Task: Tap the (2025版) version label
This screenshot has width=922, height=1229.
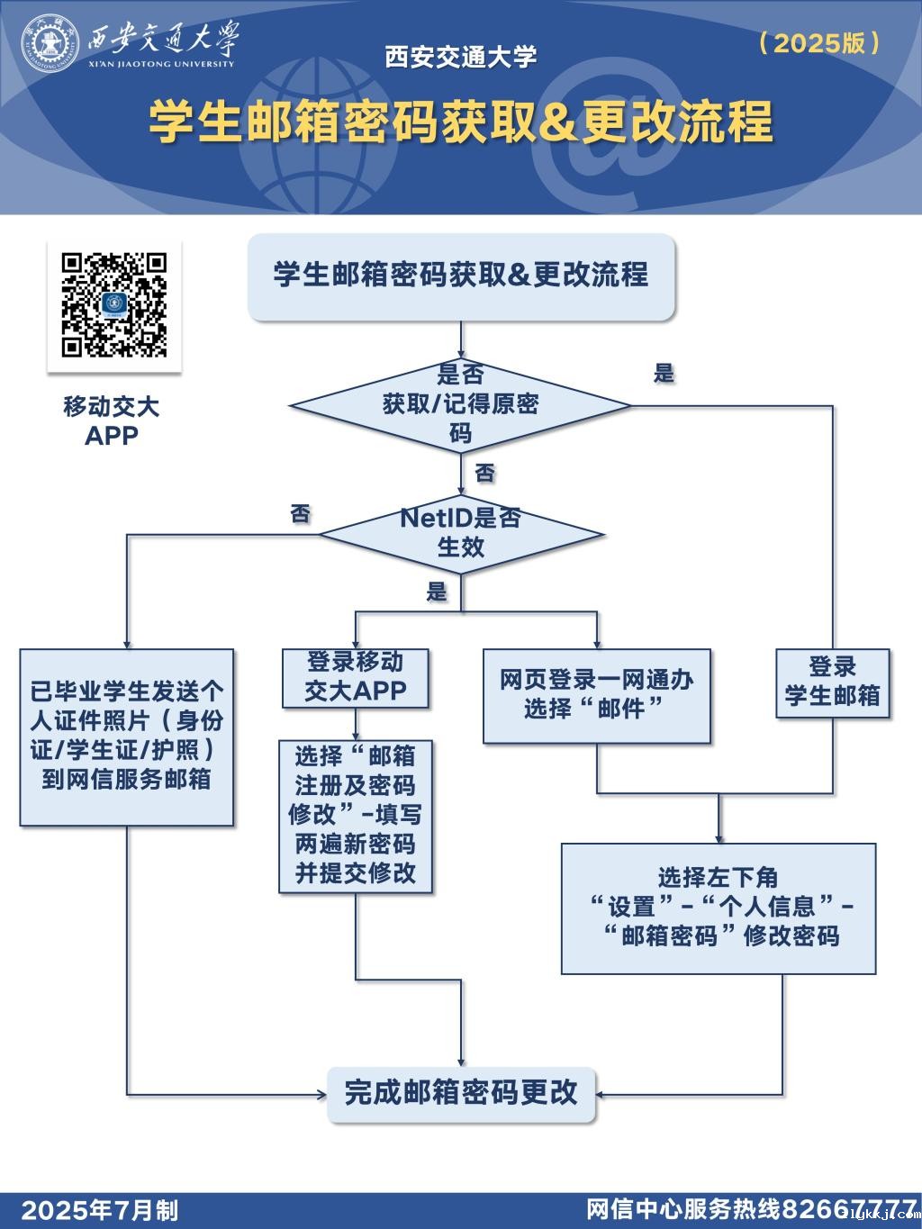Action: pos(818,42)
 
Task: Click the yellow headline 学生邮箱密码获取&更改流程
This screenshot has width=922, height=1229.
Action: pos(460,122)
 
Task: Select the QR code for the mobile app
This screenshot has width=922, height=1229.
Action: pos(114,304)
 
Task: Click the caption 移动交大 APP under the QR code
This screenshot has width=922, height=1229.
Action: pos(112,420)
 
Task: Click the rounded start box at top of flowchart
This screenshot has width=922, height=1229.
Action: pos(461,276)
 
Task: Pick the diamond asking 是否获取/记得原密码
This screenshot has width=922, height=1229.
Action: pos(460,405)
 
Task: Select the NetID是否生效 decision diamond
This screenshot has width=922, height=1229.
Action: pos(460,533)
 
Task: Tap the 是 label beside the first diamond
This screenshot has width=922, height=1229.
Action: pos(664,374)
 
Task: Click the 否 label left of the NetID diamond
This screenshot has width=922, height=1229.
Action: pos(301,514)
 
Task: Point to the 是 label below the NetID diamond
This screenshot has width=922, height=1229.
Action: pos(437,592)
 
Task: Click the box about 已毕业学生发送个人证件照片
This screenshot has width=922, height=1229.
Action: pos(127,736)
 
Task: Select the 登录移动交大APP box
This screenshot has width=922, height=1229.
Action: pos(356,677)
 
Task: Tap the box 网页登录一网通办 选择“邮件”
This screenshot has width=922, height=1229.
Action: pos(596,695)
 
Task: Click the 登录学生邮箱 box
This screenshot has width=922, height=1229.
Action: pos(832,682)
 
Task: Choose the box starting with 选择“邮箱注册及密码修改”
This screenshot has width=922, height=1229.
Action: pos(356,815)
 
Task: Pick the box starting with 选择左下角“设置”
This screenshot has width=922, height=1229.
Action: pos(718,908)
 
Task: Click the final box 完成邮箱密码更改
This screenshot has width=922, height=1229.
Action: pos(461,1093)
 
